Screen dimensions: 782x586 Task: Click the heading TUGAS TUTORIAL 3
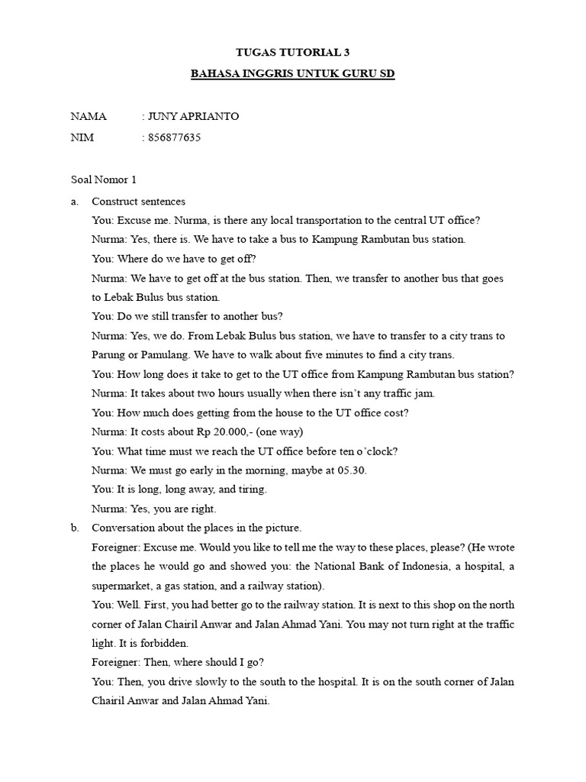[x=293, y=52]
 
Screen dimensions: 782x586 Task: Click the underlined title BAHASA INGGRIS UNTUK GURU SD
[x=293, y=76]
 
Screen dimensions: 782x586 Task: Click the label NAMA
[x=89, y=117]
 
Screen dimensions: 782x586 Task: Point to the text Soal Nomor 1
[x=104, y=180]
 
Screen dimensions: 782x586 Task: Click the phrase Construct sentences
[x=138, y=202]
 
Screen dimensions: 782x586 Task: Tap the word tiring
[x=250, y=490]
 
